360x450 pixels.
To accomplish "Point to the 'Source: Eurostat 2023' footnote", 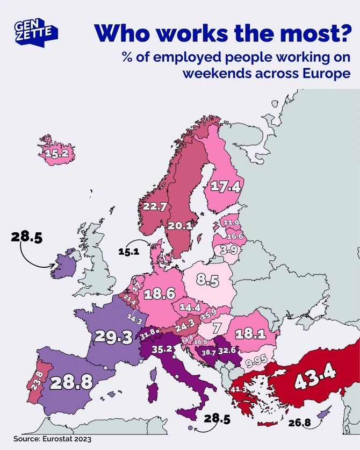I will pos(45,439).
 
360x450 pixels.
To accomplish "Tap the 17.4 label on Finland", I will pos(225,187).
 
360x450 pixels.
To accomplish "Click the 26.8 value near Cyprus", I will pos(299,422).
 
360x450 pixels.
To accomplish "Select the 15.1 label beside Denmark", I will pos(128,251).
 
